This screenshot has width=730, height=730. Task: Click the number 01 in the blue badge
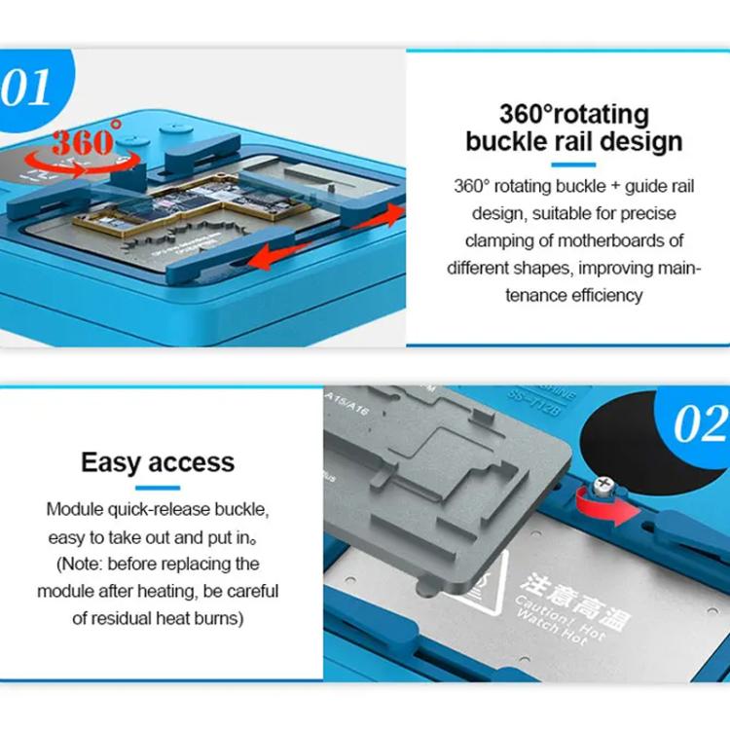[x=26, y=88]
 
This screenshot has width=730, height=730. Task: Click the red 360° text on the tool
[x=88, y=140]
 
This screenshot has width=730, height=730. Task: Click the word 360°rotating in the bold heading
[x=573, y=113]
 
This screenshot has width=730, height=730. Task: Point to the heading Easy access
[x=158, y=461]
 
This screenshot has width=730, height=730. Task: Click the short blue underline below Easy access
[x=157, y=487]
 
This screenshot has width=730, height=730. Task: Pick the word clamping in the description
[x=499, y=240]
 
